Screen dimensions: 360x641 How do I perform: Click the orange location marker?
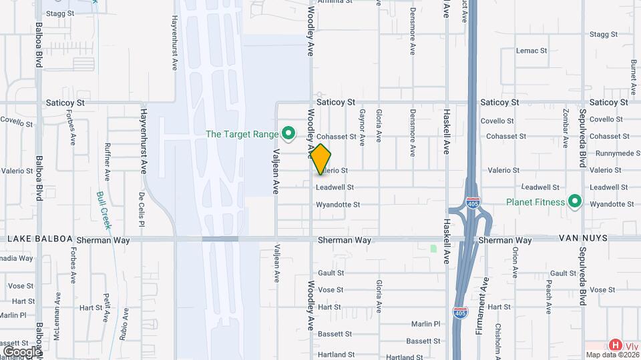pyautogui.click(x=320, y=159)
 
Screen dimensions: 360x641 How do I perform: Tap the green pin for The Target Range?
pyautogui.click(x=289, y=135)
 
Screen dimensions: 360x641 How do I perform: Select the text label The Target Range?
pyautogui.click(x=242, y=134)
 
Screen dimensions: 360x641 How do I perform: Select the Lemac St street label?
pyautogui.click(x=531, y=50)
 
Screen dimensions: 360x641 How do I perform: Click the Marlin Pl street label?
pyautogui.click(x=426, y=324)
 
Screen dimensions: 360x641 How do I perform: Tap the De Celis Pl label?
pyautogui.click(x=142, y=209)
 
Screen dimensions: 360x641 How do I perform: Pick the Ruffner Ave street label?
pyautogui.click(x=107, y=161)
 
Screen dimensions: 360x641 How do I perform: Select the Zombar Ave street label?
pyautogui.click(x=566, y=127)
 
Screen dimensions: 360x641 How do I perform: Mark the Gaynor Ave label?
pyautogui.click(x=363, y=127)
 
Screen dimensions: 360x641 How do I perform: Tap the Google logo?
pyautogui.click(x=21, y=351)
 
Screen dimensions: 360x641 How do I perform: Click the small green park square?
pyautogui.click(x=433, y=249)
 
